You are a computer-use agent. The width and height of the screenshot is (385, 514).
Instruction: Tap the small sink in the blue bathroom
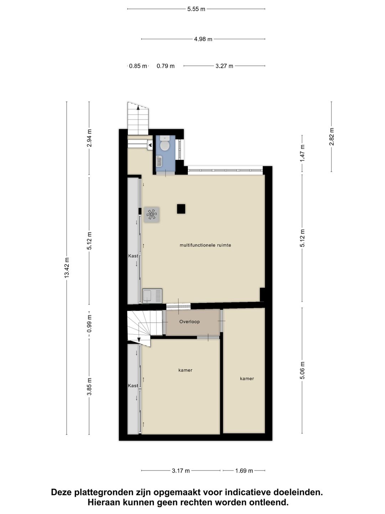click(159, 162)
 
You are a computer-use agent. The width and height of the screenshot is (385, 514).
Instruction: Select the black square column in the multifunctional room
click(181, 209)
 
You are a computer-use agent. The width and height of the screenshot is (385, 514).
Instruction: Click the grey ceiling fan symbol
click(152, 215)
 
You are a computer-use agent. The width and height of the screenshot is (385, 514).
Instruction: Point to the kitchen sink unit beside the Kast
click(152, 296)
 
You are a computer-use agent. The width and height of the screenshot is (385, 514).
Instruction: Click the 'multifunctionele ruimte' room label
click(205, 245)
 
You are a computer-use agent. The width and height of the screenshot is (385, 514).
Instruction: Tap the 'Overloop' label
click(189, 322)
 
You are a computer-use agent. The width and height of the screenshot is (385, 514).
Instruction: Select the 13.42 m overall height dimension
click(67, 268)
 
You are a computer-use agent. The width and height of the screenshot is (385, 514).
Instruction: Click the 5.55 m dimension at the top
click(196, 9)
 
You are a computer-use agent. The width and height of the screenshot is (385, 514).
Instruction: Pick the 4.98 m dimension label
click(203, 39)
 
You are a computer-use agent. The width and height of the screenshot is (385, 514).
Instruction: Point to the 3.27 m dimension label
click(224, 66)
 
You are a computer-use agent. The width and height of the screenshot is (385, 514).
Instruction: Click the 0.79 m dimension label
click(165, 66)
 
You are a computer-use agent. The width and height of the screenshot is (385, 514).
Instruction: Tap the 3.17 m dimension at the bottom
click(181, 471)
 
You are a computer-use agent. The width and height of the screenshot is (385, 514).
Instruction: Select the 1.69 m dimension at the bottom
click(244, 471)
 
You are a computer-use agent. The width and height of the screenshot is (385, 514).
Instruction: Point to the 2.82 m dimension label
click(332, 136)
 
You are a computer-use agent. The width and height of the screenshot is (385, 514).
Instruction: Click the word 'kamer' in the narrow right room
click(247, 378)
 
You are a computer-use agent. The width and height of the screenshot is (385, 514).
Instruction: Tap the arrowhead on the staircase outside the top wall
click(138, 108)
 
